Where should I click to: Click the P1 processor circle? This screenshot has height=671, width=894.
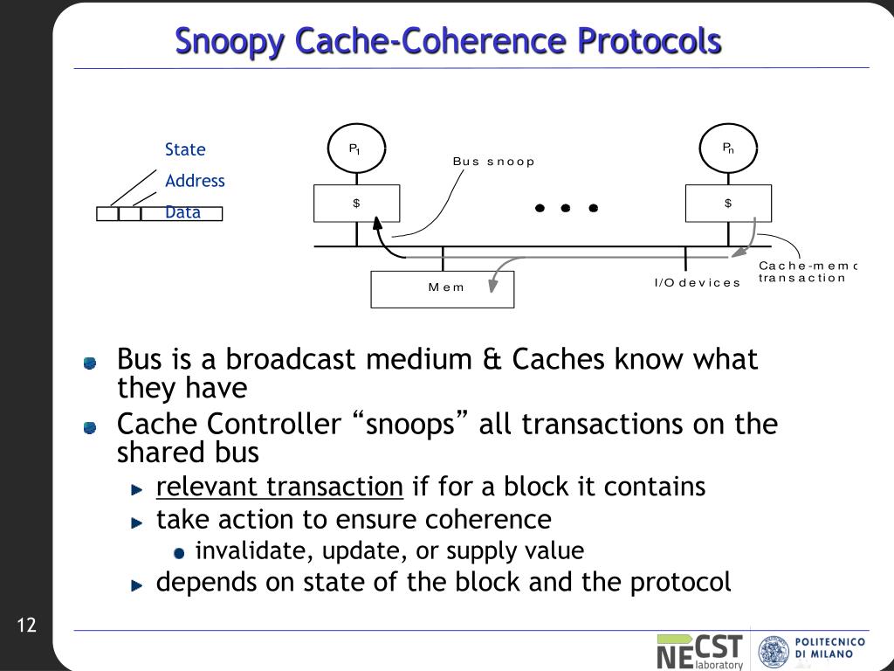(356, 149)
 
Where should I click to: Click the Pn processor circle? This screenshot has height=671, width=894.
(728, 149)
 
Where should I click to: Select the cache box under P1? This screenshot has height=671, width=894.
(357, 204)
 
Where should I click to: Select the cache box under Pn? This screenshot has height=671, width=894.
(728, 204)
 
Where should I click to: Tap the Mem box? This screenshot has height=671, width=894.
(443, 289)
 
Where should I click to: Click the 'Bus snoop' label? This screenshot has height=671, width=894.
(492, 162)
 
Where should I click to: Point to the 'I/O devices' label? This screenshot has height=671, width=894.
(697, 282)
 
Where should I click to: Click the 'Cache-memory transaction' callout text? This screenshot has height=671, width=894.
(806, 272)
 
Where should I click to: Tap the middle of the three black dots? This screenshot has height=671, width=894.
(566, 208)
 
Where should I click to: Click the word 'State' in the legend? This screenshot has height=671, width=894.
(185, 149)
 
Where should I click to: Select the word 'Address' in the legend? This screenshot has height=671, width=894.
(195, 181)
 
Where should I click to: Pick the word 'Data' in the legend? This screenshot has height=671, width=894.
(182, 212)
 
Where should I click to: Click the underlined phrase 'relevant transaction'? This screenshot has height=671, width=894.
(279, 487)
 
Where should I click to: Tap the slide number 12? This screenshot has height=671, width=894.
(26, 626)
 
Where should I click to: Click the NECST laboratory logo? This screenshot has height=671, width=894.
(700, 652)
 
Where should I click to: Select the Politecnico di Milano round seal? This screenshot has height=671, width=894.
(774, 652)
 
